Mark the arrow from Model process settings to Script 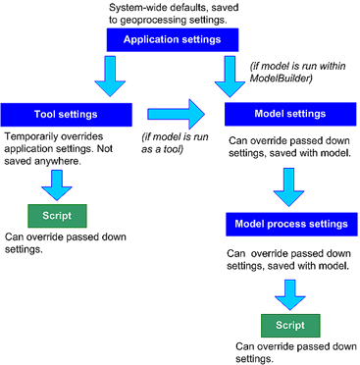287,291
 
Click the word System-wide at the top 135,7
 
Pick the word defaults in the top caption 185,7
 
